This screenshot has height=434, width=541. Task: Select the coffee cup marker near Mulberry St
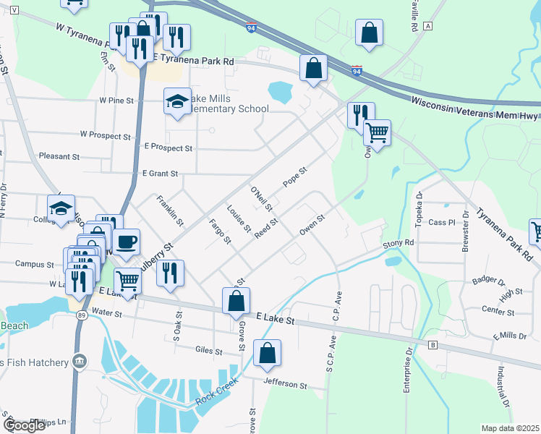point(126,242)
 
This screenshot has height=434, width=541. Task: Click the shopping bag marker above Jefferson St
point(267,354)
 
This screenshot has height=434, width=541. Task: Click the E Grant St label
point(160,174)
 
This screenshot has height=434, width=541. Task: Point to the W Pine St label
point(116,101)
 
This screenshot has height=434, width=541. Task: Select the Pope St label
point(295,177)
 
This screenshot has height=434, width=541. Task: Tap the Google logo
point(24,425)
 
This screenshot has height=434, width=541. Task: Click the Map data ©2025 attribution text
point(510,428)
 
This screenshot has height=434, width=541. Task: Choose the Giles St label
point(209,351)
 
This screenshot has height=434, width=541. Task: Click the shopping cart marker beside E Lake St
point(127,281)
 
